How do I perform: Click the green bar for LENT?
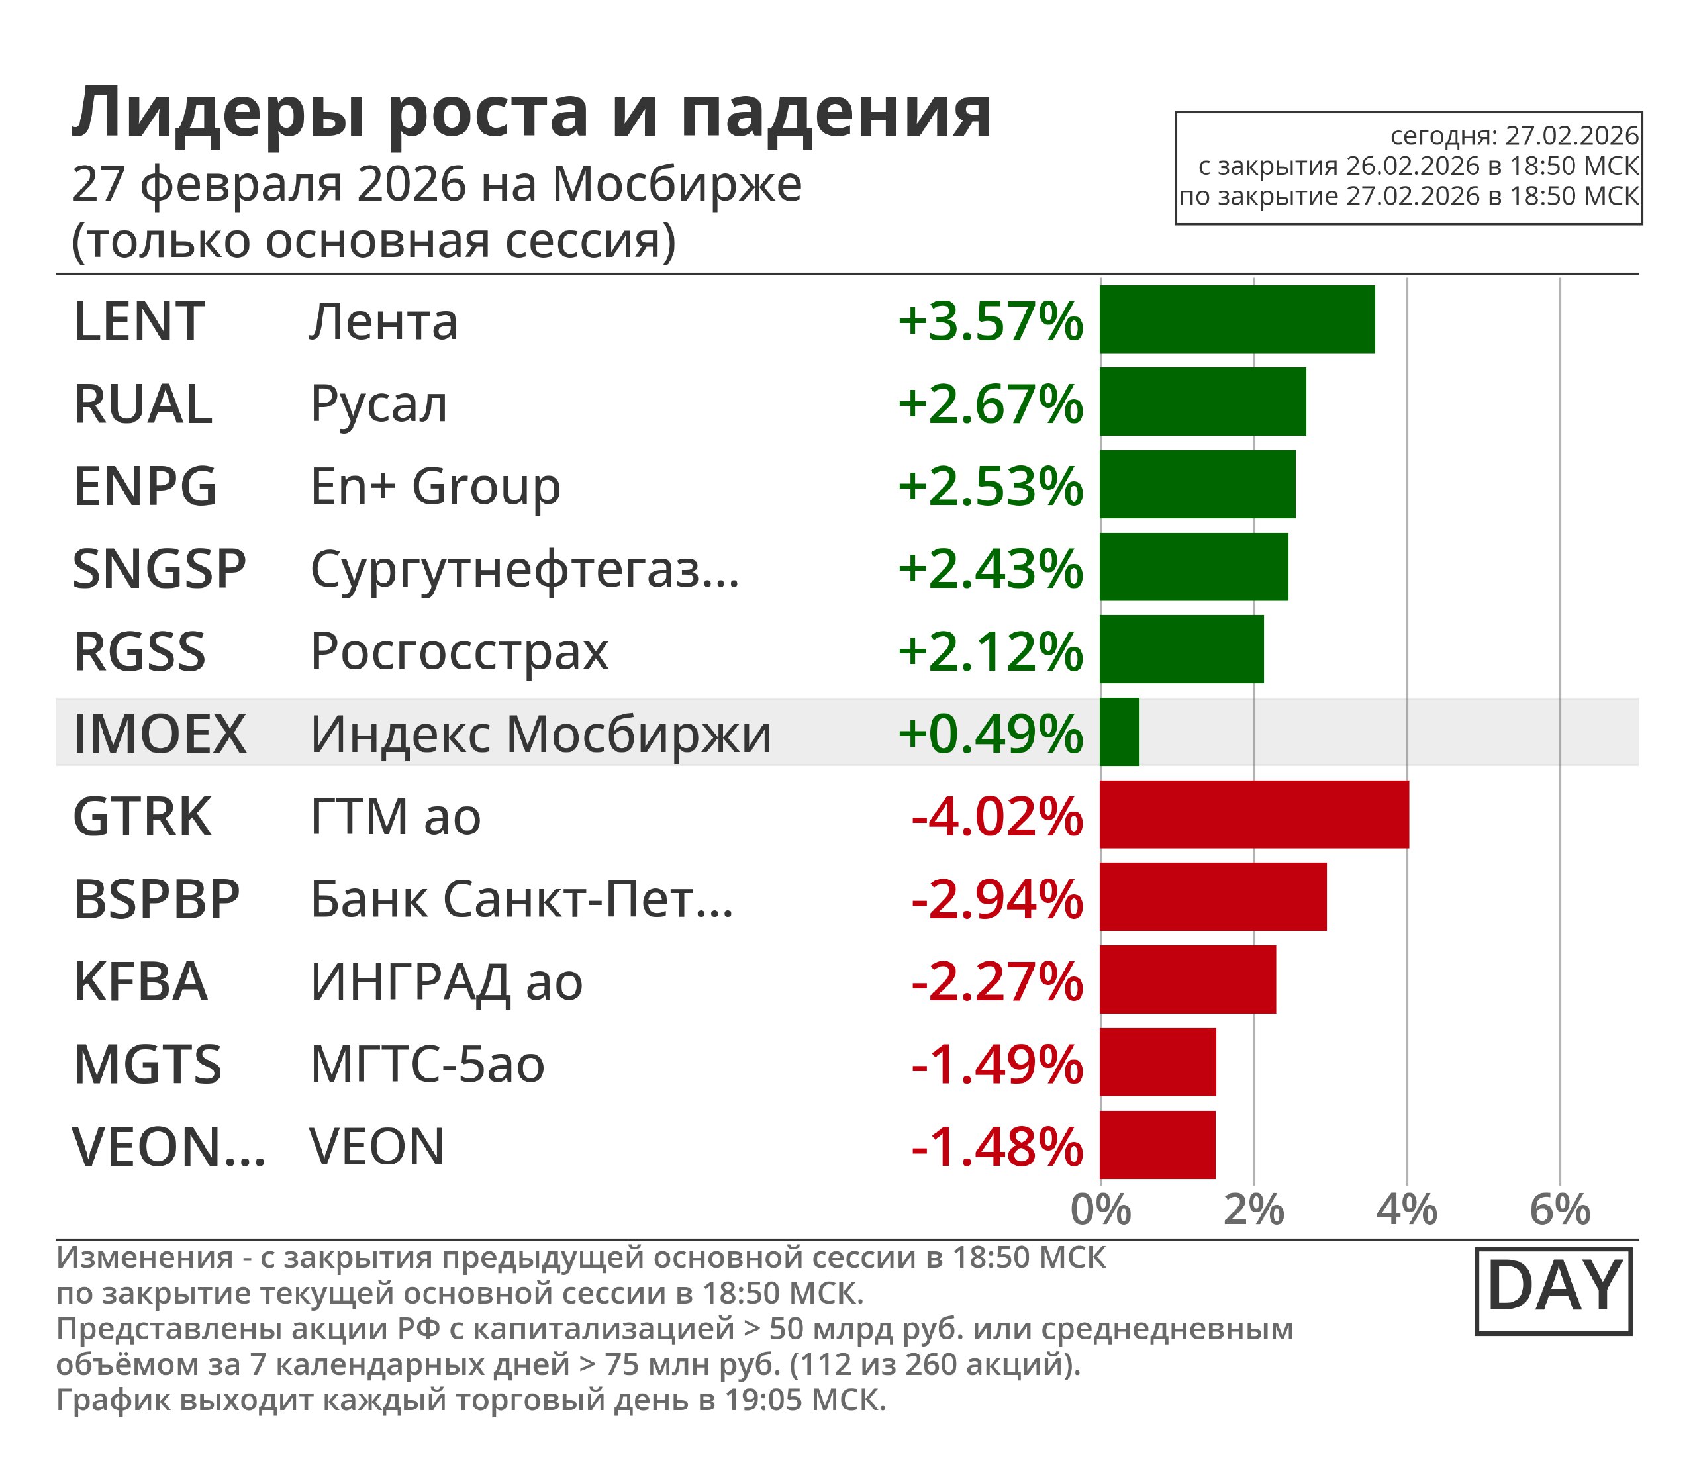click(1236, 319)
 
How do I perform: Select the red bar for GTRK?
click(1253, 814)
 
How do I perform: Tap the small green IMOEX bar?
click(1120, 732)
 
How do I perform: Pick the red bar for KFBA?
click(1187, 979)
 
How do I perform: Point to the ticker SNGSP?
click(160, 569)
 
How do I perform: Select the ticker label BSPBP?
click(156, 898)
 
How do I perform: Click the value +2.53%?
click(990, 486)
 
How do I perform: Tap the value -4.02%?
click(996, 817)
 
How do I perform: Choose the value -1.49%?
click(996, 1065)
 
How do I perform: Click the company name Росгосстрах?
click(459, 652)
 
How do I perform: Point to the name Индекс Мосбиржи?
click(540, 734)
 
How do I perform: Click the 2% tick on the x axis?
click(1253, 1211)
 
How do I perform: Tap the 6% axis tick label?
click(1559, 1211)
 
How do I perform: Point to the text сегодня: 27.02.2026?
click(1514, 136)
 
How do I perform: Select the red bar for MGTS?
click(1157, 1061)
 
